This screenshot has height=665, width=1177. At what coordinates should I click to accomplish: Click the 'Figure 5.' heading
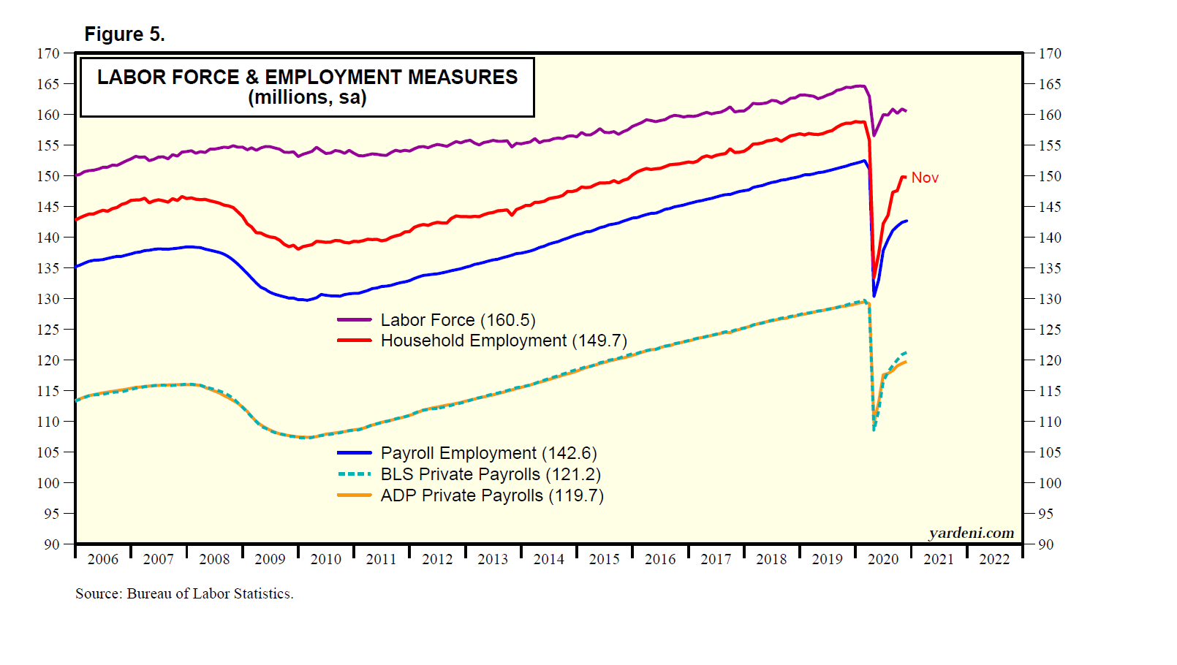pyautogui.click(x=124, y=34)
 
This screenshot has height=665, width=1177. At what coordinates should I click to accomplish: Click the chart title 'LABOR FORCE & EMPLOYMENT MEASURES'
pyautogui.click(x=307, y=77)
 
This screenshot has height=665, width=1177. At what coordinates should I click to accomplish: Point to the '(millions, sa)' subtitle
pyautogui.click(x=307, y=97)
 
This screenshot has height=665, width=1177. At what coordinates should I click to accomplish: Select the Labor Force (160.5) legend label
pyautogui.click(x=458, y=320)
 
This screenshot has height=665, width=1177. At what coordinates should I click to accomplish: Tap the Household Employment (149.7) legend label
pyautogui.click(x=504, y=341)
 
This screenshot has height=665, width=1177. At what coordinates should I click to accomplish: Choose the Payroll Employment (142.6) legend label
pyautogui.click(x=488, y=453)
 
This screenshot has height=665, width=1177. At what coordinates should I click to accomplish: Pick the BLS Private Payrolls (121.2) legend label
pyautogui.click(x=491, y=474)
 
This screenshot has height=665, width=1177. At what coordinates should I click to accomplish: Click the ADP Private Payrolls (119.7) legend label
pyautogui.click(x=492, y=495)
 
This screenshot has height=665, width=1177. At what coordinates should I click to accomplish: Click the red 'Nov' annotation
pyautogui.click(x=925, y=178)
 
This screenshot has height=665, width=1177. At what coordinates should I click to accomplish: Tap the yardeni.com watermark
pyautogui.click(x=971, y=533)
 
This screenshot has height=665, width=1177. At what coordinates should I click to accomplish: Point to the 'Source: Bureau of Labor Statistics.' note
pyautogui.click(x=184, y=593)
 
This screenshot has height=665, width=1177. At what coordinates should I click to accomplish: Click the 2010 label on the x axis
pyautogui.click(x=325, y=559)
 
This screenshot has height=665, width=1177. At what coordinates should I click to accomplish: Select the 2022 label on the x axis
pyautogui.click(x=994, y=559)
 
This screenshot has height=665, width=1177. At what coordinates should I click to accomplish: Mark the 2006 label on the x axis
pyautogui.click(x=102, y=559)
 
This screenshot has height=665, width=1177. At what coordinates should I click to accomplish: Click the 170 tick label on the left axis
pyautogui.click(x=48, y=53)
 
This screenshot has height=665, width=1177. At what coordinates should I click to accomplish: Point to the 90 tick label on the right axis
pyautogui.click(x=1046, y=544)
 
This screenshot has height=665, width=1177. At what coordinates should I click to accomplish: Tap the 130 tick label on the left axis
pyautogui.click(x=48, y=299)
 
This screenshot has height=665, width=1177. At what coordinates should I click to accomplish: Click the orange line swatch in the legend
pyautogui.click(x=355, y=495)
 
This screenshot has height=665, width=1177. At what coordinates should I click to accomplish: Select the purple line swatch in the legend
pyautogui.click(x=355, y=320)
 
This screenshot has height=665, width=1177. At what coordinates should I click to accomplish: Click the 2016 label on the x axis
pyautogui.click(x=660, y=559)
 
